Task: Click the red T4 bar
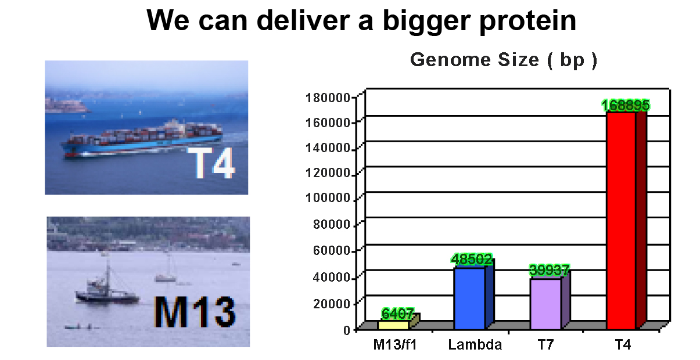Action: click(626, 220)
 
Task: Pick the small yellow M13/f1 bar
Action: click(399, 322)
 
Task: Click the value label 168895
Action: click(626, 105)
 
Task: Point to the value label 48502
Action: click(472, 259)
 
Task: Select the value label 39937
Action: click(549, 270)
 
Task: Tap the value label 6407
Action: click(397, 314)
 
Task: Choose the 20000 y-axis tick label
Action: click(332, 304)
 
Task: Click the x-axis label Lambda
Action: click(475, 345)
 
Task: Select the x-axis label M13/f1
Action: click(395, 345)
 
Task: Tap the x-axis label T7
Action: click(545, 345)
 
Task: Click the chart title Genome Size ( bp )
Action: click(504, 60)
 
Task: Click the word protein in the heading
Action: click(528, 21)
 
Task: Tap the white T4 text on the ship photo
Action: click(214, 163)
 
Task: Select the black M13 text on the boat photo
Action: click(195, 312)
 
